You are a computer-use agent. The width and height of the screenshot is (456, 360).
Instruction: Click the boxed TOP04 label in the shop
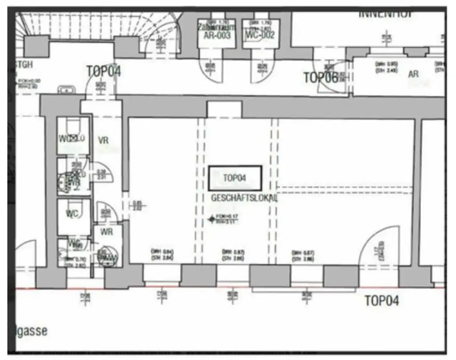click(235, 178)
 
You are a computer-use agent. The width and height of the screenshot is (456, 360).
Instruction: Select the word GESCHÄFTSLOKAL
click(244, 198)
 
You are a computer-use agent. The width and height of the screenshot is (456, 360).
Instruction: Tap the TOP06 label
click(321, 77)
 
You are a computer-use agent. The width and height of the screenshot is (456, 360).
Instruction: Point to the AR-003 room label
click(217, 35)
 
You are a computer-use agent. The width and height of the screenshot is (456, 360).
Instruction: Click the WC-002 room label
click(261, 35)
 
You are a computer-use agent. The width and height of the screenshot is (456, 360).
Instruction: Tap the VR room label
click(103, 141)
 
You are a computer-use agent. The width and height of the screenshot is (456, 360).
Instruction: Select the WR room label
click(106, 232)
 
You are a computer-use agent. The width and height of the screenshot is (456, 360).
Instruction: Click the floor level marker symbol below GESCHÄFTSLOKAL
click(211, 219)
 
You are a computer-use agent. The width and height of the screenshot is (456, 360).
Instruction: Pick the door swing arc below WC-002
click(263, 71)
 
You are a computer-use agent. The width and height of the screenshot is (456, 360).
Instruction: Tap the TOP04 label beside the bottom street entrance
click(382, 301)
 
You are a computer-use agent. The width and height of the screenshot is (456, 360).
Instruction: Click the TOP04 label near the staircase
click(103, 71)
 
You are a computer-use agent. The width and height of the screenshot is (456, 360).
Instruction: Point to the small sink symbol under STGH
click(66, 90)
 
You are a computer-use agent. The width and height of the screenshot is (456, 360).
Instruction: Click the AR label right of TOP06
click(413, 74)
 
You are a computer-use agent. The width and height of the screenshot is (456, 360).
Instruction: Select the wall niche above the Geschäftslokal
click(224, 109)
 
